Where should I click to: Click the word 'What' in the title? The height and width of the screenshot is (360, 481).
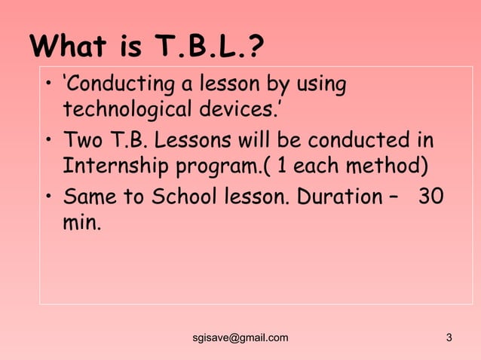click(66, 47)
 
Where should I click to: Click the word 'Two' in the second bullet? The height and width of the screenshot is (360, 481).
click(81, 141)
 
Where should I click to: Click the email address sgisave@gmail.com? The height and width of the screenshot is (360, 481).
click(240, 337)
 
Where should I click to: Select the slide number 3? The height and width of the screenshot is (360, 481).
click(449, 337)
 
